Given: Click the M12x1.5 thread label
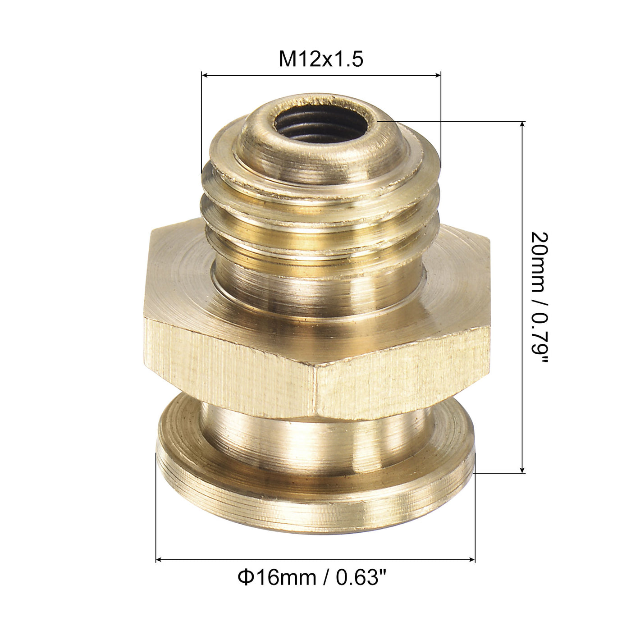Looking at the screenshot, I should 321,59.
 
